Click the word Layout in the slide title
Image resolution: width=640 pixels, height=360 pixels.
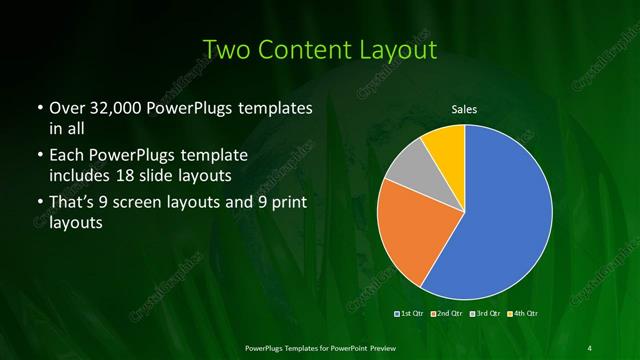click(x=399, y=49)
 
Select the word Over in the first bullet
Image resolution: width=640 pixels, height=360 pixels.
click(x=66, y=109)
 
